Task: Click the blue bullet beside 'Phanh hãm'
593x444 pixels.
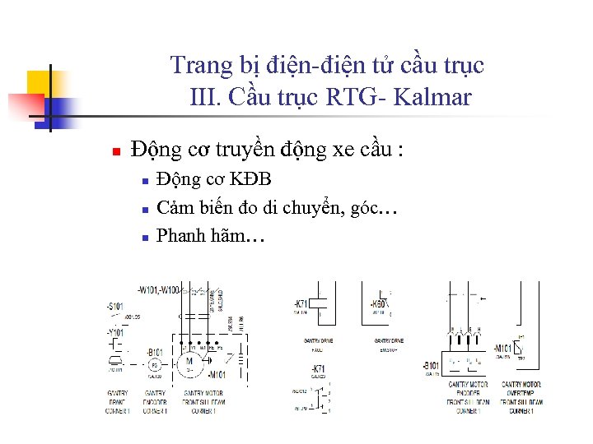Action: [143, 238]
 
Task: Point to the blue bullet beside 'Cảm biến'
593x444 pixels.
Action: [143, 209]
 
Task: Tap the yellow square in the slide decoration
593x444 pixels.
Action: [39, 83]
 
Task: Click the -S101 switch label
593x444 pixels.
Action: [114, 306]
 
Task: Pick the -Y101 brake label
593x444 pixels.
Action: [114, 333]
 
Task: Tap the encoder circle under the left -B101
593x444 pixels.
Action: [153, 363]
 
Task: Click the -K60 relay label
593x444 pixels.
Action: [381, 303]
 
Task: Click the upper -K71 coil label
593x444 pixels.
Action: [301, 303]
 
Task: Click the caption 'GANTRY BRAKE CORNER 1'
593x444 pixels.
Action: [117, 402]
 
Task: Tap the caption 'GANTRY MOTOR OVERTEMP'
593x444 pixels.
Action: [521, 388]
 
